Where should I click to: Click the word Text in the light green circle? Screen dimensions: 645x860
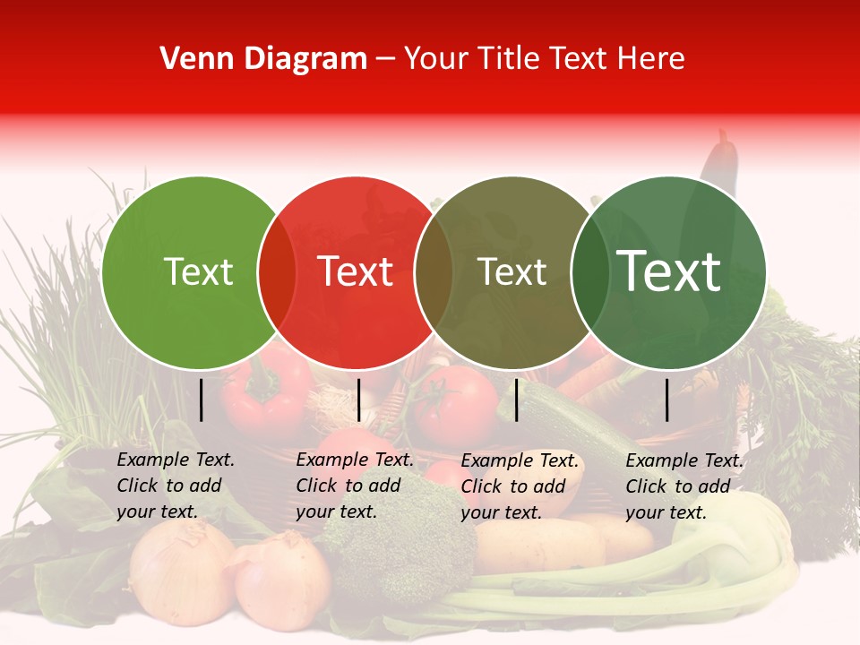pos(198,272)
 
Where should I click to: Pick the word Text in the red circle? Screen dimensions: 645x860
pos(356,272)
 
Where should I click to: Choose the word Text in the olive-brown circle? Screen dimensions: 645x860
pos(512,272)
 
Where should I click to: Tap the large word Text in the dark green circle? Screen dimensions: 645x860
pos(669,271)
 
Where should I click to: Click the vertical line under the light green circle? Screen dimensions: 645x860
pos(201,400)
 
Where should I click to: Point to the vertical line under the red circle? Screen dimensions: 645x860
pos(358,400)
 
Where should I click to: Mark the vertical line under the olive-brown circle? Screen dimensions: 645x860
pos(516,400)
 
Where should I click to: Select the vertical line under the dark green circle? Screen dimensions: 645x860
pos(666,400)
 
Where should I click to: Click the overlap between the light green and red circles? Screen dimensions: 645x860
pos(277,272)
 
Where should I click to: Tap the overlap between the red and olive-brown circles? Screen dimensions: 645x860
pos(434,272)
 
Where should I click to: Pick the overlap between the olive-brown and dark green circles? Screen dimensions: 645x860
pos(589,272)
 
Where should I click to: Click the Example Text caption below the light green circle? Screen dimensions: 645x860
pos(176,486)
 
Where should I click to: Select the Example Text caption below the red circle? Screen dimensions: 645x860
pos(355,486)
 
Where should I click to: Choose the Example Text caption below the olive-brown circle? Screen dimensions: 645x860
pos(520,486)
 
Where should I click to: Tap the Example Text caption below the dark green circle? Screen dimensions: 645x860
pos(684,486)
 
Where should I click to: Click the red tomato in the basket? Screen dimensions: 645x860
pos(456,403)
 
